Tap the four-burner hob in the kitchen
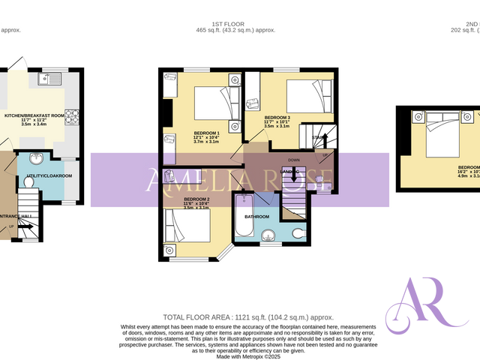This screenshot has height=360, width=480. click(x=73, y=117)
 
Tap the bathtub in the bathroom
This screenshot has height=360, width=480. click(x=244, y=216)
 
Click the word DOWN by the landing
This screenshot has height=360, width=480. click(x=293, y=160)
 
